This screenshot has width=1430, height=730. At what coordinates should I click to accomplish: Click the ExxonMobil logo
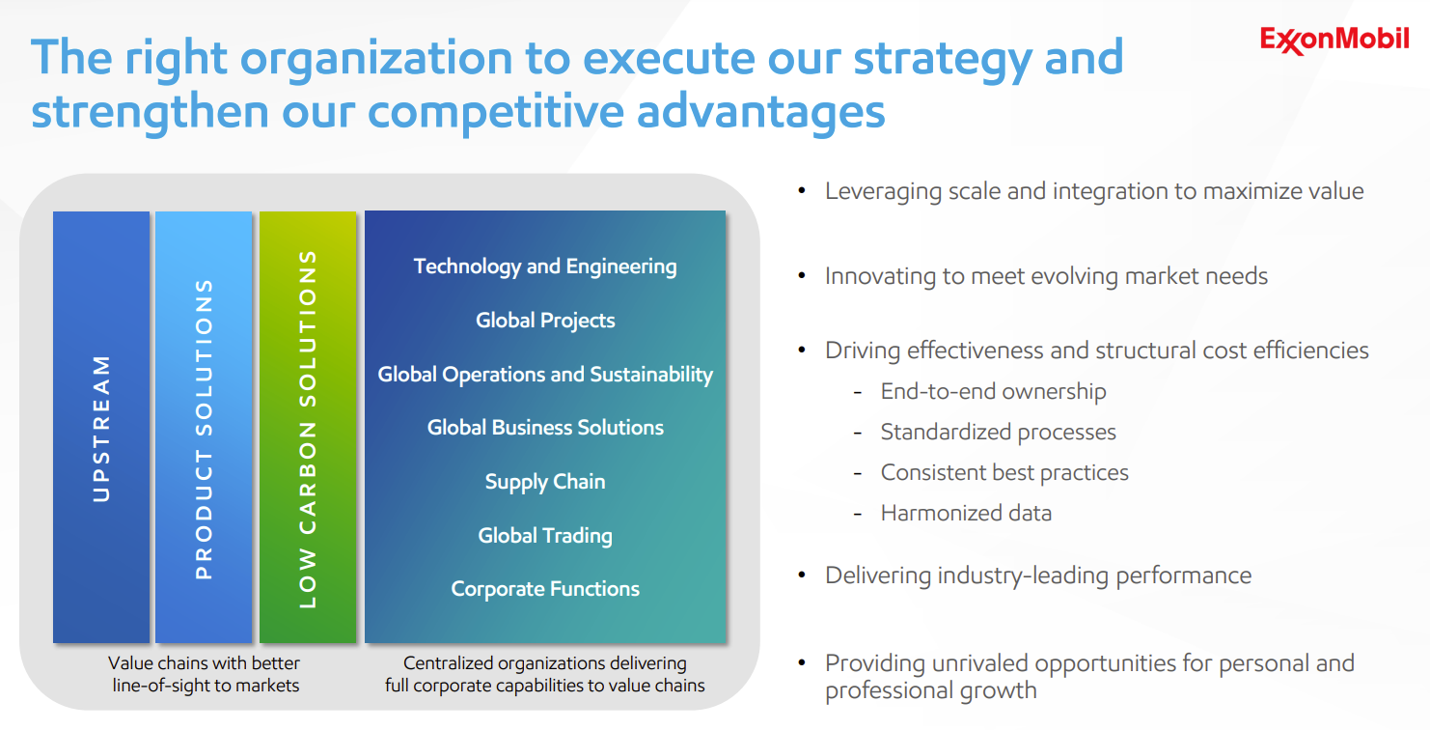(1334, 41)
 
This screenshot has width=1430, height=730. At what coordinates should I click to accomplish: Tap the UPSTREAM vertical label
(101, 429)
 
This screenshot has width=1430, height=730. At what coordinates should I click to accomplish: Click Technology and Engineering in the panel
(545, 267)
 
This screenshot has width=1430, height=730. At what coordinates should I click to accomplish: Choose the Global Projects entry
(545, 321)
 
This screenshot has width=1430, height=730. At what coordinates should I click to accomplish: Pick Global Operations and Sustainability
(545, 375)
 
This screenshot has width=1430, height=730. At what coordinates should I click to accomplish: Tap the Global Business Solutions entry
(545, 428)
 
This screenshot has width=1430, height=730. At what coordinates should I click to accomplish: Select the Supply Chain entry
(545, 482)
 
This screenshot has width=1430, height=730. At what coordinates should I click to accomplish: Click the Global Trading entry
(545, 536)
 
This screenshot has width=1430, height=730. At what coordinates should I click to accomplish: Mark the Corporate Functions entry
(545, 589)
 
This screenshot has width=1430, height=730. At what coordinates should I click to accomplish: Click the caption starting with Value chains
(204, 674)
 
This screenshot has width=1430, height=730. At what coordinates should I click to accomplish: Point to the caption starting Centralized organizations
(545, 674)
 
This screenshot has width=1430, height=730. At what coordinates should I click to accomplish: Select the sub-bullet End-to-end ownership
(993, 391)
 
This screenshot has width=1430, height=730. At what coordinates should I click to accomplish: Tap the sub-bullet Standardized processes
(998, 432)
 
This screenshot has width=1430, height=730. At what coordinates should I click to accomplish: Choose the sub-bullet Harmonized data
(966, 513)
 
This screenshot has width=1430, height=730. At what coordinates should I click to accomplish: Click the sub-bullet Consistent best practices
(1004, 472)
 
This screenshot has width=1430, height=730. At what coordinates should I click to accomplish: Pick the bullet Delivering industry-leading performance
(1038, 576)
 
